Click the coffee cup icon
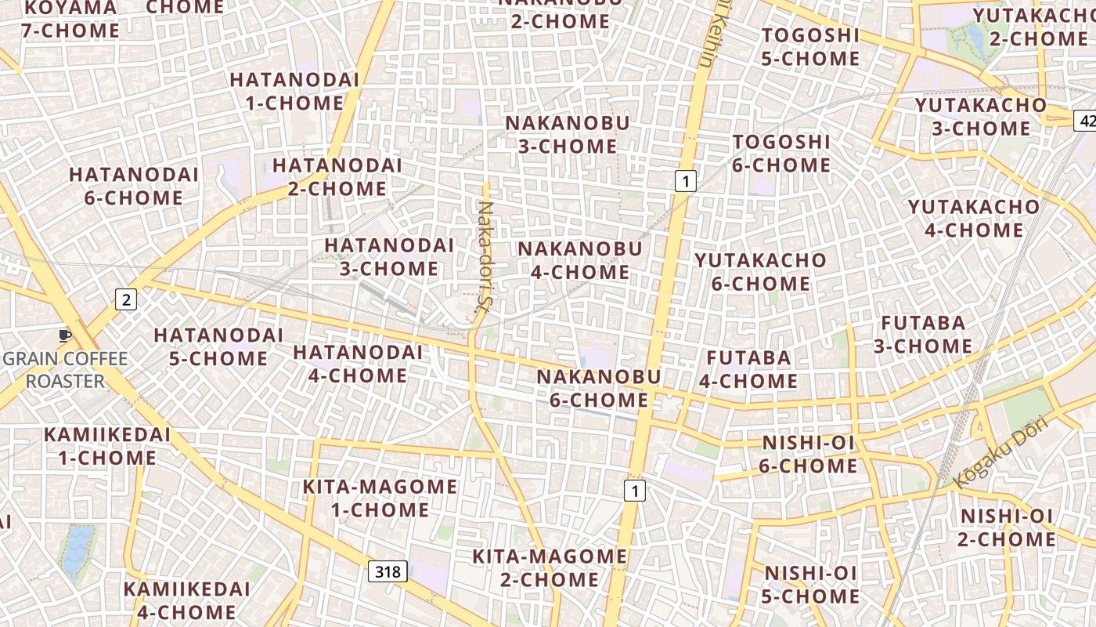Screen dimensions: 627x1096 (65, 335)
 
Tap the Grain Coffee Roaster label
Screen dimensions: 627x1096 (65, 370)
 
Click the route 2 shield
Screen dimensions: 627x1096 (127, 299)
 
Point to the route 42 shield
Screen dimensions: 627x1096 (1086, 121)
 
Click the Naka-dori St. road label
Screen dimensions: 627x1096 (485, 256)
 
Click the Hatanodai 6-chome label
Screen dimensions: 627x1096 (134, 187)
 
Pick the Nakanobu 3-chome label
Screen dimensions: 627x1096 (568, 135)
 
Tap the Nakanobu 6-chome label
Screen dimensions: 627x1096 (599, 389)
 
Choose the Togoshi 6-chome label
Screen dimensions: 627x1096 (781, 154)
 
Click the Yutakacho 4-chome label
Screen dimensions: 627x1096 (974, 219)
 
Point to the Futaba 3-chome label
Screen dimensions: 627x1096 (924, 335)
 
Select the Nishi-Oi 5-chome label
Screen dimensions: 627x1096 (811, 585)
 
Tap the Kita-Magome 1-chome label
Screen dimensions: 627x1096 (380, 498)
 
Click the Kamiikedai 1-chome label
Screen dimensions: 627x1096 (107, 446)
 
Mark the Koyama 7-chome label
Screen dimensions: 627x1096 (70, 19)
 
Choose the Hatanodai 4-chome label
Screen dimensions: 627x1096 (358, 364)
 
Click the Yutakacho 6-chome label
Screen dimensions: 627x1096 (760, 272)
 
